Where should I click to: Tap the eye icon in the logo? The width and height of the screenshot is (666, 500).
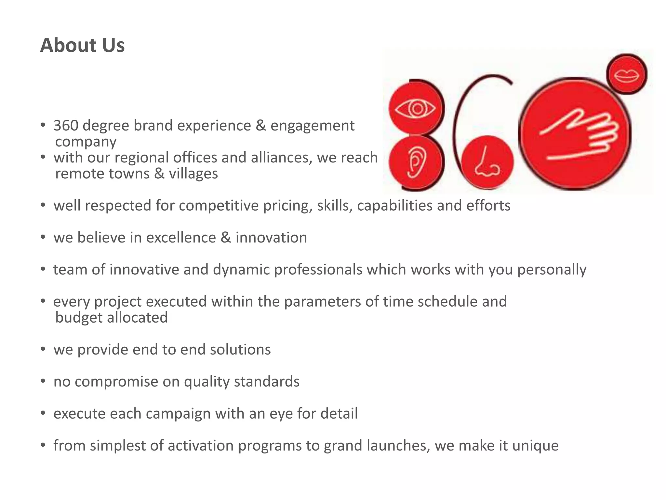click(x=416, y=109)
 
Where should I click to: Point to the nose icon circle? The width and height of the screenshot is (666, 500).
click(x=487, y=162)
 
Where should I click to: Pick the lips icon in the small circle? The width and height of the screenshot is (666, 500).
click(x=627, y=75)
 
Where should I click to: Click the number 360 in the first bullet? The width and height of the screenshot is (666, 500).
click(x=66, y=126)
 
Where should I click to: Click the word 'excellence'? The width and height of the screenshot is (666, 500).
click(x=181, y=238)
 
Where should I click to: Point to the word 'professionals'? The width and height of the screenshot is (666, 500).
click(x=318, y=270)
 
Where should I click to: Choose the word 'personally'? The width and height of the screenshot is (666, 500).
click(x=552, y=270)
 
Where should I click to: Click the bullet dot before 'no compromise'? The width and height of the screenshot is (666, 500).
click(x=43, y=381)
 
